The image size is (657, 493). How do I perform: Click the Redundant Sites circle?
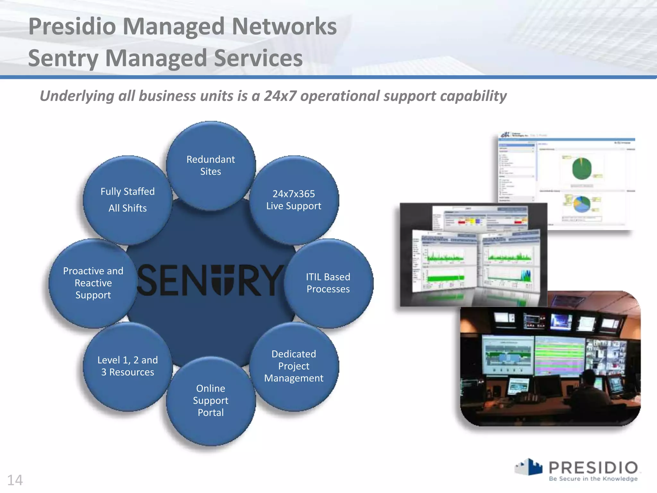coord(211,166)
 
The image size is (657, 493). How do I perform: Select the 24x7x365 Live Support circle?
coord(294,200)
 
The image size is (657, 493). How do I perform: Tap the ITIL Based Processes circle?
coord(328,283)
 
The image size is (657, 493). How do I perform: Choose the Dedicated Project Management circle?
coord(294,366)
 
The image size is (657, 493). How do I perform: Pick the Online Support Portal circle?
coord(211,401)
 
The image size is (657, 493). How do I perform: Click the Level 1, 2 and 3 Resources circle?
coord(128,366)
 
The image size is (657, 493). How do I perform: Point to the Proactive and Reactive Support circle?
coord(93,283)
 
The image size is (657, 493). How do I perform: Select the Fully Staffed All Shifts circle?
coord(128,200)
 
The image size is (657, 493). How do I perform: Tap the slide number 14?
coord(15,480)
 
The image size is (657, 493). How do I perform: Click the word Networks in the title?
coord(284,26)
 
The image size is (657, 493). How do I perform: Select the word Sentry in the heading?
coord(64,58)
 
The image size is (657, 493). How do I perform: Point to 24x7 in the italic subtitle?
coord(280,96)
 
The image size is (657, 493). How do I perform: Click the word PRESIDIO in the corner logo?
coord(593,468)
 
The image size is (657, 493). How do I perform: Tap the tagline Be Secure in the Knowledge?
coord(593,479)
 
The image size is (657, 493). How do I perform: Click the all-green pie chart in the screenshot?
coord(582,168)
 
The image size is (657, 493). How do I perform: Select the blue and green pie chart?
coord(582,204)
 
